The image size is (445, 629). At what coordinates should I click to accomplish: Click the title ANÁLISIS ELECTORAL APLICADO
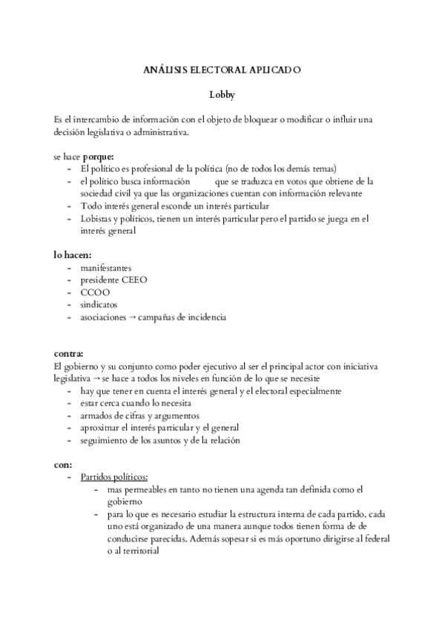222,71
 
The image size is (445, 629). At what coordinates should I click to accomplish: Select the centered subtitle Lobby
222,94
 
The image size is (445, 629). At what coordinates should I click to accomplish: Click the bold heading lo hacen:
72,254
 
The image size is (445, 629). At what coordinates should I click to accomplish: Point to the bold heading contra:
68,354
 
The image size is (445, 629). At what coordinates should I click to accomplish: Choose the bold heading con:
63,464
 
